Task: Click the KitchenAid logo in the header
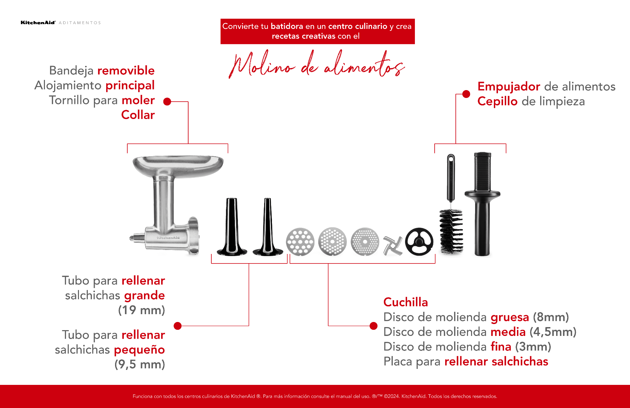[38, 23]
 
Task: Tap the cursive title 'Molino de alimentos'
[317, 65]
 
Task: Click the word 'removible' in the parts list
[126, 70]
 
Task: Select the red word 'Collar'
[138, 115]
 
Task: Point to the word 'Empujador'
[508, 86]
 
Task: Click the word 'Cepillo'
[497, 101]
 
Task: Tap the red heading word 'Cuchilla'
[405, 302]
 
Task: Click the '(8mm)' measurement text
[551, 317]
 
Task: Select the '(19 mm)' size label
[141, 310]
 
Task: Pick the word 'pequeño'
[139, 350]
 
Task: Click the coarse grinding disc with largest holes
[300, 242]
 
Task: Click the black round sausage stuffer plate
[419, 242]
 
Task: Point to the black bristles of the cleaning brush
[451, 231]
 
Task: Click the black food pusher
[482, 204]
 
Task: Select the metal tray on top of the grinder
[178, 165]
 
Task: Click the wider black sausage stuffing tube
[232, 228]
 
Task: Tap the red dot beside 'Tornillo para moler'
[167, 101]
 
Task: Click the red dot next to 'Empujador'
[466, 94]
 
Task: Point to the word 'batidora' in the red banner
[287, 26]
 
